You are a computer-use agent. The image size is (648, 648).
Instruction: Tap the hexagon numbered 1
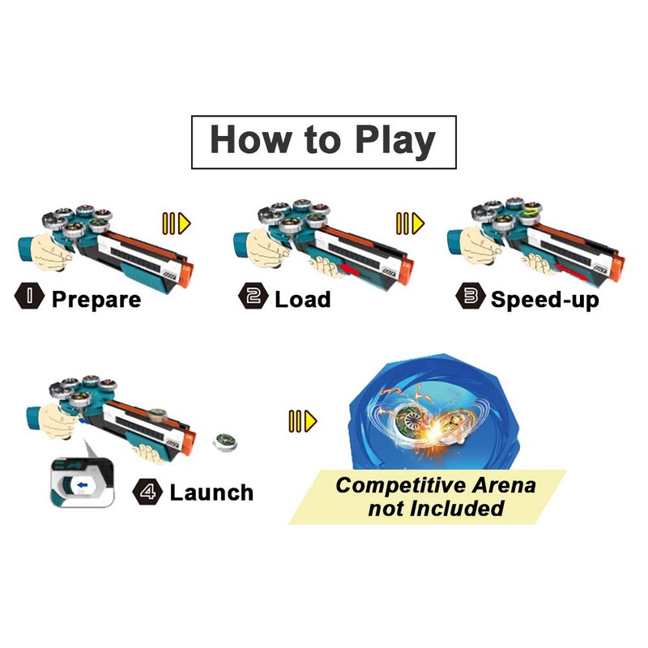31,297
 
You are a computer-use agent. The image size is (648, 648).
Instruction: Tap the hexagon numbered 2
254,297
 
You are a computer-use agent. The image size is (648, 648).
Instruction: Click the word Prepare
96,299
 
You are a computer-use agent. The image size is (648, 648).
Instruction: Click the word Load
302,299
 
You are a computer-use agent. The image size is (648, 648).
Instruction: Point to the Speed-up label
544,299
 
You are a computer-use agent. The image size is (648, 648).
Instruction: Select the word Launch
211,492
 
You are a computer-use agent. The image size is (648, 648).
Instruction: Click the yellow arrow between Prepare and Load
177,222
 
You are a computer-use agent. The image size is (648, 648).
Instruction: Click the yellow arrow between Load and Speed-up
410,222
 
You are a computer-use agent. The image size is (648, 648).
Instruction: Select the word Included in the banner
458,509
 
